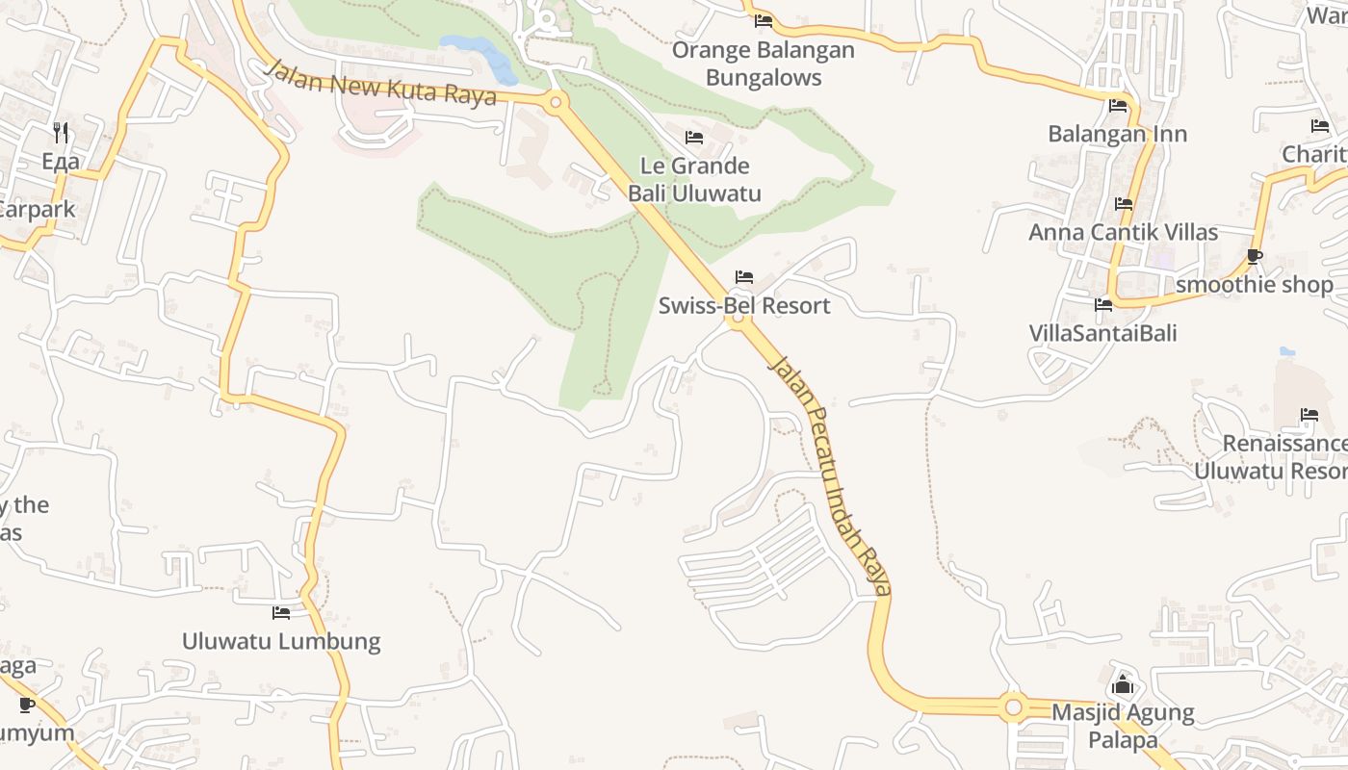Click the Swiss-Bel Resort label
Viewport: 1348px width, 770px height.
[x=743, y=306]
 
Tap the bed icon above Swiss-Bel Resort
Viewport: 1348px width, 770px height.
[x=743, y=277]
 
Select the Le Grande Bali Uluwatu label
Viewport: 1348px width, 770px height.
[x=694, y=180]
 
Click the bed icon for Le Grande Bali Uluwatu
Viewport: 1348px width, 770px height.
[x=693, y=138]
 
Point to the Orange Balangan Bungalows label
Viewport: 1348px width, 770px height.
[x=764, y=64]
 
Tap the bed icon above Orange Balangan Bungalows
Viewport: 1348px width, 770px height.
[x=764, y=20]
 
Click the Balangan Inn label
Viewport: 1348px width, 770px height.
[x=1117, y=134]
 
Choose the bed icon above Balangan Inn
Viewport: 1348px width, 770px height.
[x=1117, y=106]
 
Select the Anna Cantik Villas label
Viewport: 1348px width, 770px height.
[x=1123, y=232]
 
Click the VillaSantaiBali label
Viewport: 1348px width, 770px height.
[x=1102, y=334]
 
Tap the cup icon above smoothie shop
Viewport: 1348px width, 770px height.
[x=1254, y=256]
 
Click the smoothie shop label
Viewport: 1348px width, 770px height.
[x=1254, y=285]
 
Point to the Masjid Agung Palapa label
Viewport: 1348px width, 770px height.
[x=1123, y=727]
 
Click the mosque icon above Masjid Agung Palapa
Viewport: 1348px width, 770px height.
[x=1123, y=685]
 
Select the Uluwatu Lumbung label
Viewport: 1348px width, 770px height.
[x=281, y=641]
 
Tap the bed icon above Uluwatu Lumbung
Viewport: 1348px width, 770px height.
[x=281, y=612]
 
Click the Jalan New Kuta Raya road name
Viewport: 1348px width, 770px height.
[x=379, y=83]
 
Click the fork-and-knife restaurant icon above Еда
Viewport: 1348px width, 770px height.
[x=61, y=132]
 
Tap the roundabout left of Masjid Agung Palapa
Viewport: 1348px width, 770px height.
[x=1012, y=708]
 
